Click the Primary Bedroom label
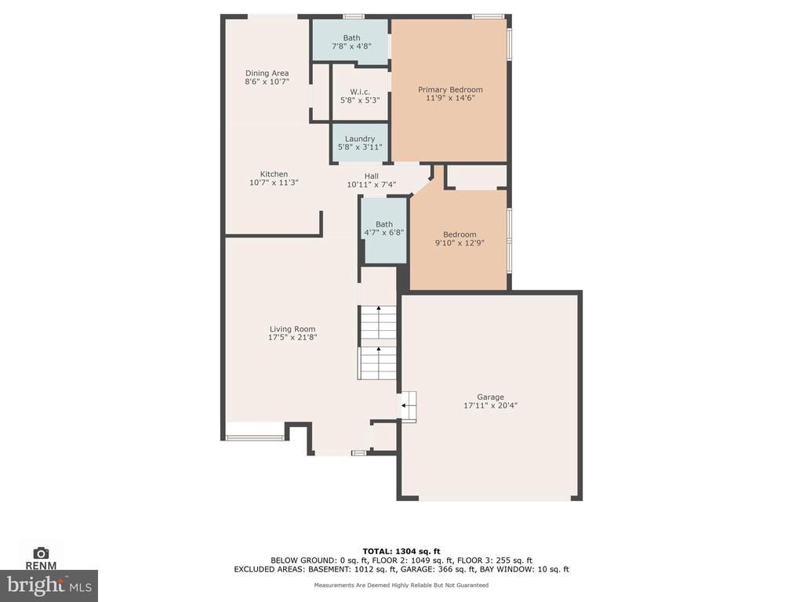pos(450,89)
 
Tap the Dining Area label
pos(267,73)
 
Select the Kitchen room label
pos(274,174)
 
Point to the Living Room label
pos(292,329)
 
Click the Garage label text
pos(491,397)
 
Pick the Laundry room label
pos(360,139)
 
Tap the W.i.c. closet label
pos(360,92)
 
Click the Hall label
pos(372,176)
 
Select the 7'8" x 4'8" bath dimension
pos(352,46)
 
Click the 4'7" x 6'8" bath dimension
pos(384,232)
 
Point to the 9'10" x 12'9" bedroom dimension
pos(460,243)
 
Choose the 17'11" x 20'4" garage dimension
pos(491,405)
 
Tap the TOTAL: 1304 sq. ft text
pos(401,551)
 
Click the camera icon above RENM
pos(41,553)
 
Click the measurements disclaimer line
pos(401,585)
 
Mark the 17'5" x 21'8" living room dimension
pos(292,337)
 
